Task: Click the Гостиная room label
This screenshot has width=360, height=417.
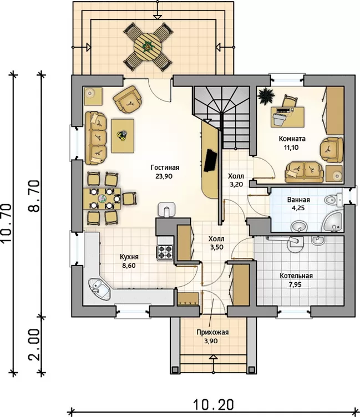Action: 165,167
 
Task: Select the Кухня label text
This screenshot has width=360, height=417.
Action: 129,257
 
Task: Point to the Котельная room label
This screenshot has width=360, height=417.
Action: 296,276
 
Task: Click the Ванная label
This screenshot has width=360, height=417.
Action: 298,200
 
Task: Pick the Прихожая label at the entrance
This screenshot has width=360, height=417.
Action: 212,332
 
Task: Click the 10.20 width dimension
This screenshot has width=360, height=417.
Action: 213,405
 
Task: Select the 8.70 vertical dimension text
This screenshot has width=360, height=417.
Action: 34,196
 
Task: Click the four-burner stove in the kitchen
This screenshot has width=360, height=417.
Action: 165,252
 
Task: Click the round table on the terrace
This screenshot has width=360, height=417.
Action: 148,47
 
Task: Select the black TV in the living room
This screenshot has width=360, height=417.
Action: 210,160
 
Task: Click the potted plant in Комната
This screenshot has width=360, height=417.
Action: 266,96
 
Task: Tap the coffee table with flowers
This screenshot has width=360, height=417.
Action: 123,136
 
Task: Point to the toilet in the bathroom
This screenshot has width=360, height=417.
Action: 333,199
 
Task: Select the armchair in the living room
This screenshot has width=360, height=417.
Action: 128,99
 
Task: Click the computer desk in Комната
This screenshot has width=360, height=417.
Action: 287,117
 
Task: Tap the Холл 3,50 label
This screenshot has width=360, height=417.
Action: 216,243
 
